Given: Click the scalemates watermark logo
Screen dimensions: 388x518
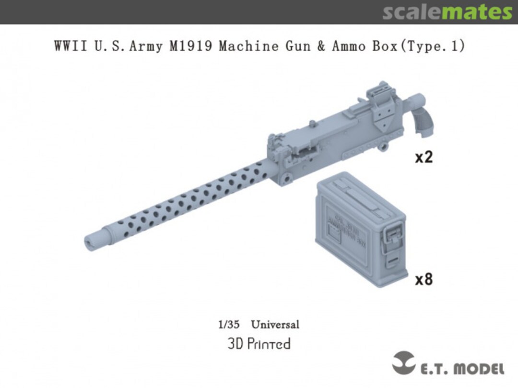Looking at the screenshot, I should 447,12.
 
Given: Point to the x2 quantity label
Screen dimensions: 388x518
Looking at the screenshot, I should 424,157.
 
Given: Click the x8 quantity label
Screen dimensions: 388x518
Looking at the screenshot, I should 424,279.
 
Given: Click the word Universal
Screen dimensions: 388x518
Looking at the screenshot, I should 275,324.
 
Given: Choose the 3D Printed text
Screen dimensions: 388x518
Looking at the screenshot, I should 259,344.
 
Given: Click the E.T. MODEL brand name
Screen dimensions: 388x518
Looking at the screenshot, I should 462,369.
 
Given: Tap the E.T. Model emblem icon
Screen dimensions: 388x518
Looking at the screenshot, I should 404,363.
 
